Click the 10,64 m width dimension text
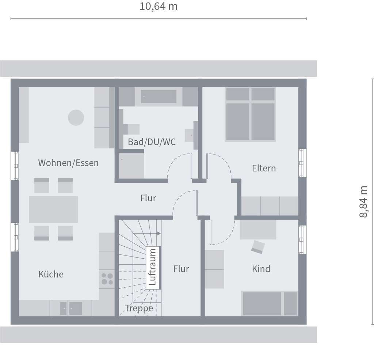pyautogui.click(x=159, y=7)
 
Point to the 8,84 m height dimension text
pyautogui.click(x=364, y=202)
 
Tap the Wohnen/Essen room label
pyautogui.click(x=68, y=163)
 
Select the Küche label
pyautogui.click(x=51, y=274)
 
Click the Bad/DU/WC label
pyautogui.click(x=152, y=142)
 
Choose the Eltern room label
pyautogui.click(x=264, y=168)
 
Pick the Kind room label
pyautogui.click(x=261, y=269)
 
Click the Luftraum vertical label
pyautogui.click(x=153, y=267)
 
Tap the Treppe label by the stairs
pyautogui.click(x=139, y=308)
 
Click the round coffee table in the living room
pyautogui.click(x=76, y=118)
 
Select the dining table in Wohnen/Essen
pyautogui.click(x=53, y=209)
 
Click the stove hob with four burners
pyautogui.click(x=107, y=278)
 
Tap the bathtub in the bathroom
pyautogui.click(x=159, y=96)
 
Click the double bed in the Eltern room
pyautogui.click(x=250, y=114)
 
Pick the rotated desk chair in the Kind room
pyautogui.click(x=259, y=247)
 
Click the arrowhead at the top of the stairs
pyautogui.click(x=159, y=233)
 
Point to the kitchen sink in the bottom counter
pyautogui.click(x=71, y=308)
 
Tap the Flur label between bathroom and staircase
pyautogui.click(x=148, y=198)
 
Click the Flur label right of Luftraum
pyautogui.click(x=181, y=269)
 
